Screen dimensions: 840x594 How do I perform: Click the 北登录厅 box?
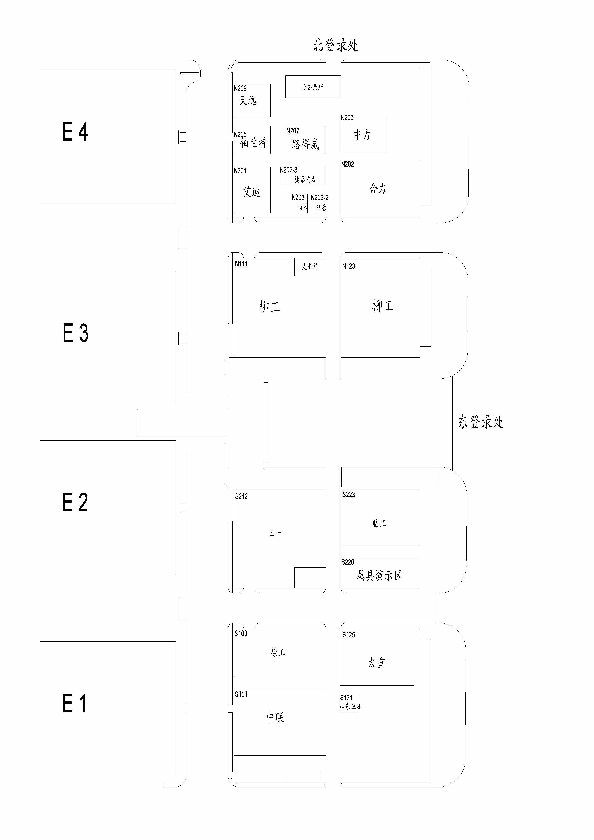tap(313, 87)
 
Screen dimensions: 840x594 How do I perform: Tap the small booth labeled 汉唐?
tap(321, 207)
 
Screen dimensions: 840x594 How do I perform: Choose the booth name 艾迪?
tap(252, 192)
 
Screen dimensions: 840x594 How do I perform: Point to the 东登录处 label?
tap(481, 422)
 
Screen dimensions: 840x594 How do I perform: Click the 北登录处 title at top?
tap(335, 45)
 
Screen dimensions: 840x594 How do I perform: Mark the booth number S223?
tap(349, 495)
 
